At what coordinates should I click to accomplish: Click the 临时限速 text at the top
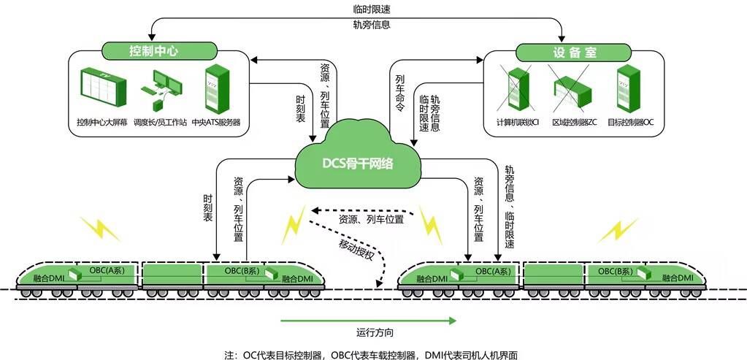(371, 9)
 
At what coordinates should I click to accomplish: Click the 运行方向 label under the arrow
(375, 333)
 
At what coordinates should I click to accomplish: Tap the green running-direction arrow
(369, 320)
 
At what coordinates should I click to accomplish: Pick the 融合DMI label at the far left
(51, 278)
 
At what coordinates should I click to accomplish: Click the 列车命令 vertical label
(399, 92)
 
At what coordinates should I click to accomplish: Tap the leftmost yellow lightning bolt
(101, 227)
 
